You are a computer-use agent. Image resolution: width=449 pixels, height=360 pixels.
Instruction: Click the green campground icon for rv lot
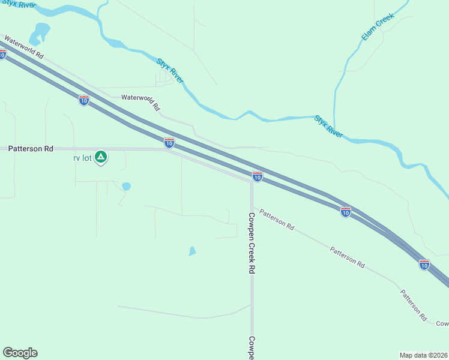click(101, 157)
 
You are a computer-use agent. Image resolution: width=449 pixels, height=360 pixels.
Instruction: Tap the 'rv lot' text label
click(81, 158)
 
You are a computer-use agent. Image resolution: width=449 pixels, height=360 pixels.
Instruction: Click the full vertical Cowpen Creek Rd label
click(252, 243)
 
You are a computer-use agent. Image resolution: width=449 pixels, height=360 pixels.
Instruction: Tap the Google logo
click(20, 352)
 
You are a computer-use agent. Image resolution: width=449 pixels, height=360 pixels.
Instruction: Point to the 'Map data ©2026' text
click(423, 355)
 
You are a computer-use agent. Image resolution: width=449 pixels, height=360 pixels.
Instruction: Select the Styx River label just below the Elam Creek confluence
click(328, 127)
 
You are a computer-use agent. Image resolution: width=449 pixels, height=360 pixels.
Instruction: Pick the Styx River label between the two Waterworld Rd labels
click(170, 71)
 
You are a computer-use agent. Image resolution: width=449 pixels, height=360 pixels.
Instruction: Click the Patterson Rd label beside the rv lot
click(31, 148)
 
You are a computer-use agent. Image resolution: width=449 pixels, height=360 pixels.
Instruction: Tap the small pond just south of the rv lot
click(126, 187)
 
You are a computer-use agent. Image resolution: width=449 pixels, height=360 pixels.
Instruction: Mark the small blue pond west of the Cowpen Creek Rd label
click(192, 251)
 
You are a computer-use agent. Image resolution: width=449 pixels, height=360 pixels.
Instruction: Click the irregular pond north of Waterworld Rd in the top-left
click(40, 33)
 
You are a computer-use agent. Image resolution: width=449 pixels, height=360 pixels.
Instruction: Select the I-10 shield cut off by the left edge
click(3, 55)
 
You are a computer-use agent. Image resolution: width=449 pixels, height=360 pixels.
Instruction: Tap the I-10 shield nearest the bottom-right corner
click(424, 264)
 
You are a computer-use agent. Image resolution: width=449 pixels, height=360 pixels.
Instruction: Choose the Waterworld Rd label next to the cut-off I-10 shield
click(25, 47)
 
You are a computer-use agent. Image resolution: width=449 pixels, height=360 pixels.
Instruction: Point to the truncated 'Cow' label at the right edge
click(442, 323)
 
